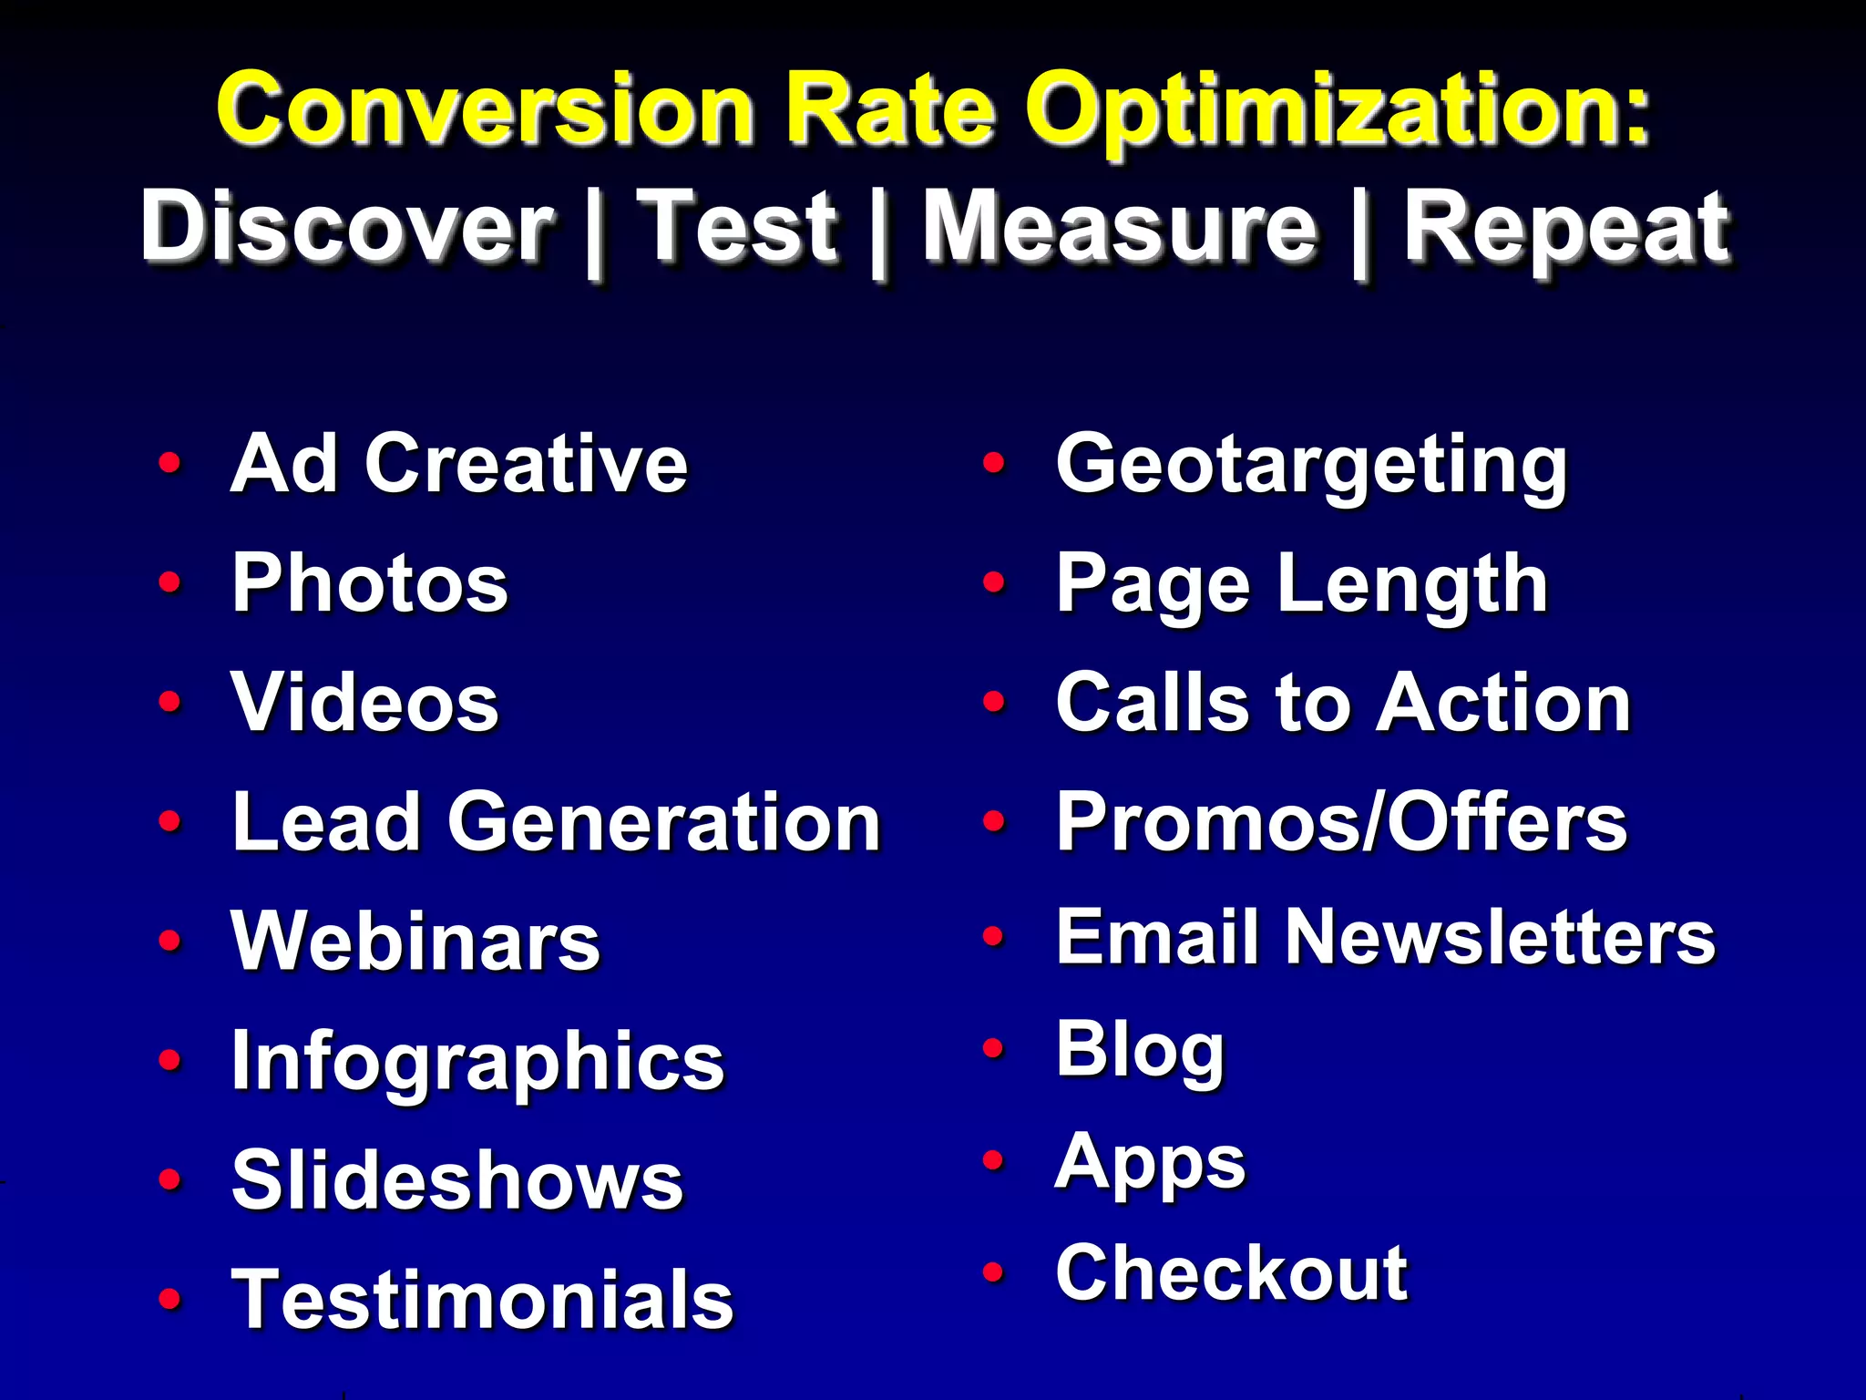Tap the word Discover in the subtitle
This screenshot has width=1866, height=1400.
(347, 227)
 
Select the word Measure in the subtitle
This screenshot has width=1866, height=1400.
(1119, 227)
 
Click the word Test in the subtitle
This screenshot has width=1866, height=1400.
(736, 227)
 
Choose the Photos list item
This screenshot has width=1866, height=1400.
(369, 583)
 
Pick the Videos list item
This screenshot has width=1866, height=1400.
(364, 703)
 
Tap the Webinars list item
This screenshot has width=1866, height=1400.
(415, 942)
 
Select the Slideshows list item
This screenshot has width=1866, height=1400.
(456, 1180)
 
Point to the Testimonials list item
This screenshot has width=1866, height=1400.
(482, 1300)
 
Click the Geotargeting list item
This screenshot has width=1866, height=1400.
(1311, 466)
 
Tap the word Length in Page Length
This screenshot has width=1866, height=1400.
(1413, 583)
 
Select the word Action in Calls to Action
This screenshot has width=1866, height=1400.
(1503, 703)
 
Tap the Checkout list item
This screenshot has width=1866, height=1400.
(1231, 1273)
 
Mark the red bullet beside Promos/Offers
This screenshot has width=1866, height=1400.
(994, 821)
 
